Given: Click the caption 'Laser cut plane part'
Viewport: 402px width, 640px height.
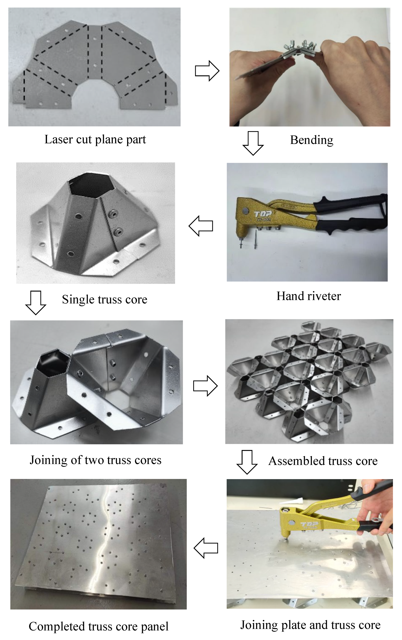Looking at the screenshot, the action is (95, 139).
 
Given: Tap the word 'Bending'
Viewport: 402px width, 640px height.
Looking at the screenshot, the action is (311, 140).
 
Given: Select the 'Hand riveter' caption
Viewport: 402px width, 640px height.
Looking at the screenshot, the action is (308, 296).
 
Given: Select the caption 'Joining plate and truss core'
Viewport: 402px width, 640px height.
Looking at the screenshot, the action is (310, 625).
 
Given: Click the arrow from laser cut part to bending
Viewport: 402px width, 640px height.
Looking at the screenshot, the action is (207, 71).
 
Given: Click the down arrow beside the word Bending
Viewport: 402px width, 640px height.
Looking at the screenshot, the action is (253, 143).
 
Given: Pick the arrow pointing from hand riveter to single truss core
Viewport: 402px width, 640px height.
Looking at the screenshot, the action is (201, 226).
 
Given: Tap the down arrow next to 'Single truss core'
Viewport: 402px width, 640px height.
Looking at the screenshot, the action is (36, 303).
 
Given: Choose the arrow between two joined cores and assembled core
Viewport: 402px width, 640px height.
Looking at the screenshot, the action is (205, 386).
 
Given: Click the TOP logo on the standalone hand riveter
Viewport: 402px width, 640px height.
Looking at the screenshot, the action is (263, 213).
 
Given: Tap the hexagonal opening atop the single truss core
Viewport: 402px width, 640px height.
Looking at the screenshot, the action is (92, 185).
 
